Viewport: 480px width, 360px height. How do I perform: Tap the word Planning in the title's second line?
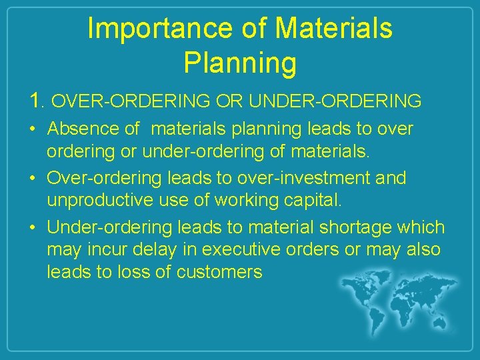pyautogui.click(x=240, y=63)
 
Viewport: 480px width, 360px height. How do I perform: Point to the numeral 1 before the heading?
pyautogui.click(x=36, y=101)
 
